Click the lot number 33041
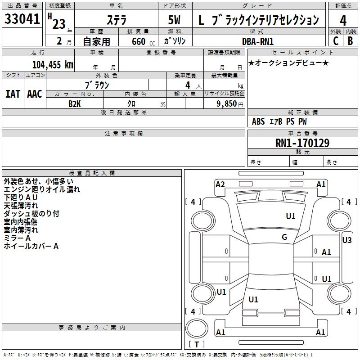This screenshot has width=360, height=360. point(22,19)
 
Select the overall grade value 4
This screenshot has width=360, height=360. point(343,21)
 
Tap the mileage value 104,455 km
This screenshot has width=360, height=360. point(53,64)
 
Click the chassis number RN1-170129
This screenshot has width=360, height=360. point(302,143)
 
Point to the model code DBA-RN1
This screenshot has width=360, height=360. point(257,41)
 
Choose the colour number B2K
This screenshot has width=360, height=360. point(75,103)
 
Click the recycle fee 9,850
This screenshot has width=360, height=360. point(223,103)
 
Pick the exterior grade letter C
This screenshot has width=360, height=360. point(335,41)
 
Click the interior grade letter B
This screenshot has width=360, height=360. point(350,41)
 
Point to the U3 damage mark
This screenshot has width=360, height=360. point(347,240)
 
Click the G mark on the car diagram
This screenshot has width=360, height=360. point(284,237)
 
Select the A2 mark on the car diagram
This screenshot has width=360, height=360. point(220,184)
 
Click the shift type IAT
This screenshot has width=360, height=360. point(13,94)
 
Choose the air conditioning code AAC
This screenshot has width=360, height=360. point(34,94)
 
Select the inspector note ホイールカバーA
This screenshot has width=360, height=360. point(31,246)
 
